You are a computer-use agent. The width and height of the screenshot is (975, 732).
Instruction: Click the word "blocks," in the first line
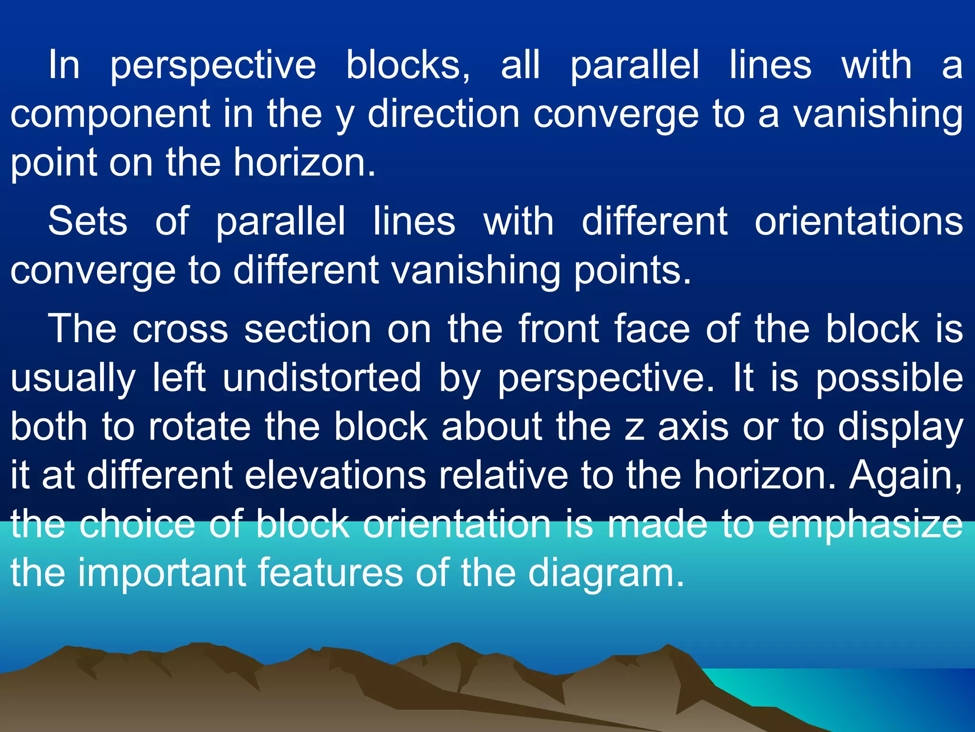tap(408, 65)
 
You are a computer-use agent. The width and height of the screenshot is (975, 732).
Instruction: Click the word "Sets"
tap(88, 221)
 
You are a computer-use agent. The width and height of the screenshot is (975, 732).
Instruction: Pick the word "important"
tap(161, 573)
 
